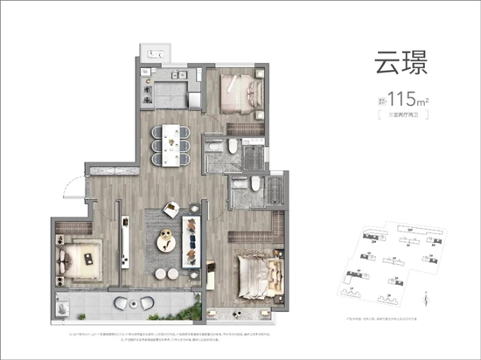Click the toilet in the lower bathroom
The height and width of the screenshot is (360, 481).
click(x=253, y=186)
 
